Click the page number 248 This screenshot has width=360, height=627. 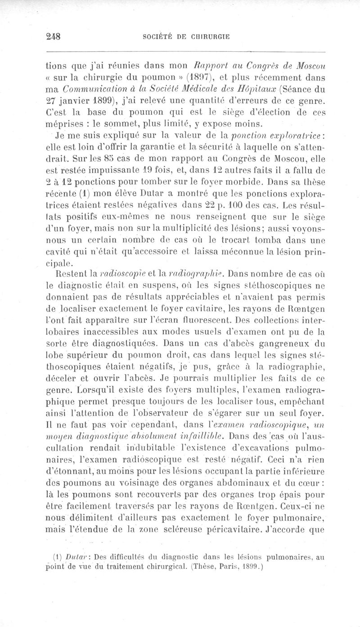54,38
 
